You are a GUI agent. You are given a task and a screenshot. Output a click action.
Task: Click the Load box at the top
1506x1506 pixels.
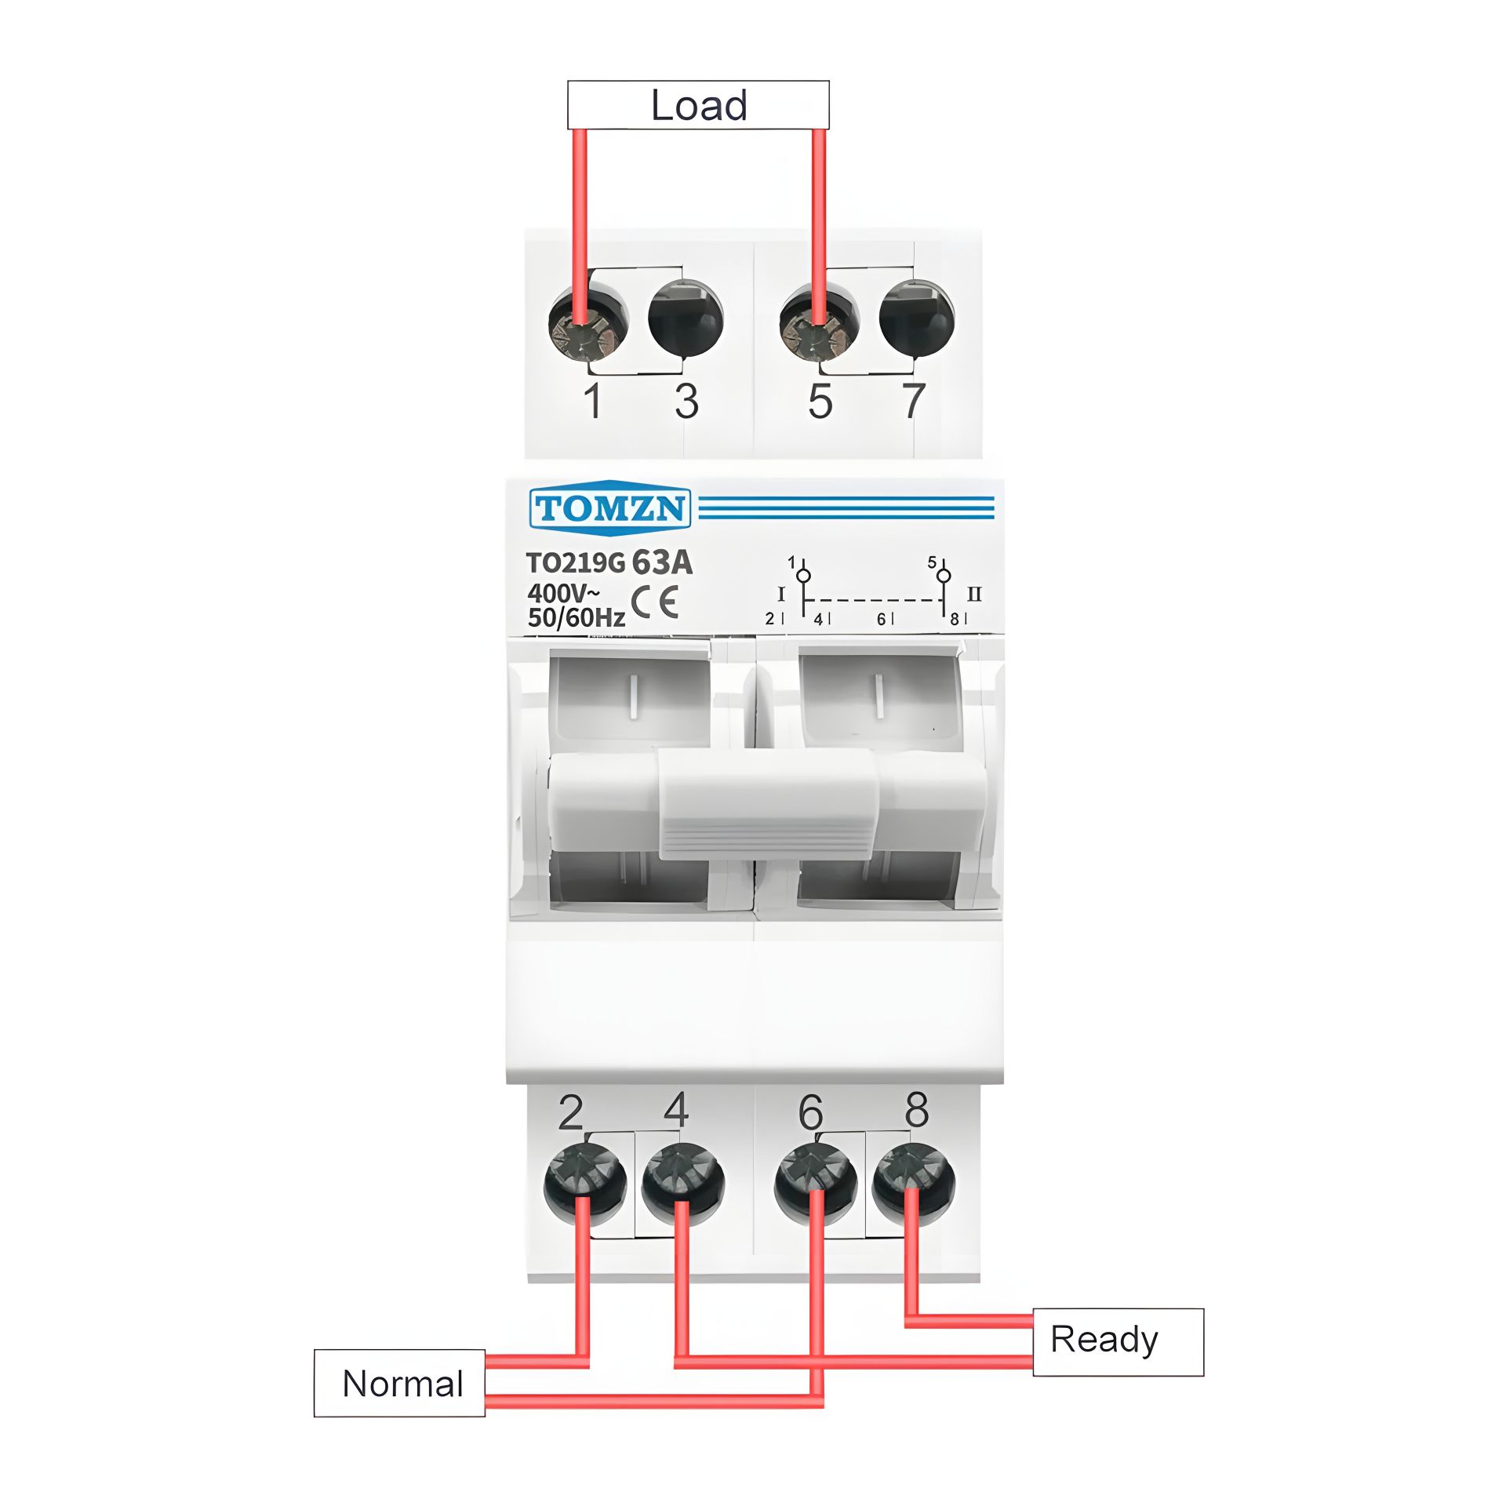click(x=698, y=105)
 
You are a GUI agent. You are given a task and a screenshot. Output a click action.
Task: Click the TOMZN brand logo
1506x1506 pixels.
click(x=610, y=507)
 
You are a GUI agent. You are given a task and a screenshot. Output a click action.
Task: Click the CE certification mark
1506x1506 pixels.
click(x=654, y=602)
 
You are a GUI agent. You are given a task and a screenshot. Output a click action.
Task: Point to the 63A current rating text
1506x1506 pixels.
click(x=662, y=562)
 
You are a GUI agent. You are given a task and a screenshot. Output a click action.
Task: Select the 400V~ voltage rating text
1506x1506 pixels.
click(x=563, y=593)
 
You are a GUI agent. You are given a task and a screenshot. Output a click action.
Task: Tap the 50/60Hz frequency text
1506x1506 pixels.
click(x=577, y=618)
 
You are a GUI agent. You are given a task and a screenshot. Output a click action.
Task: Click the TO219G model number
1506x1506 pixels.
click(x=576, y=563)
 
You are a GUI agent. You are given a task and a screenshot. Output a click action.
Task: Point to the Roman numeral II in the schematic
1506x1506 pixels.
click(x=974, y=594)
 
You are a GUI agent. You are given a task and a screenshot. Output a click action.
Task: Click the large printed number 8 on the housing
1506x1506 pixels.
click(x=916, y=1110)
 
